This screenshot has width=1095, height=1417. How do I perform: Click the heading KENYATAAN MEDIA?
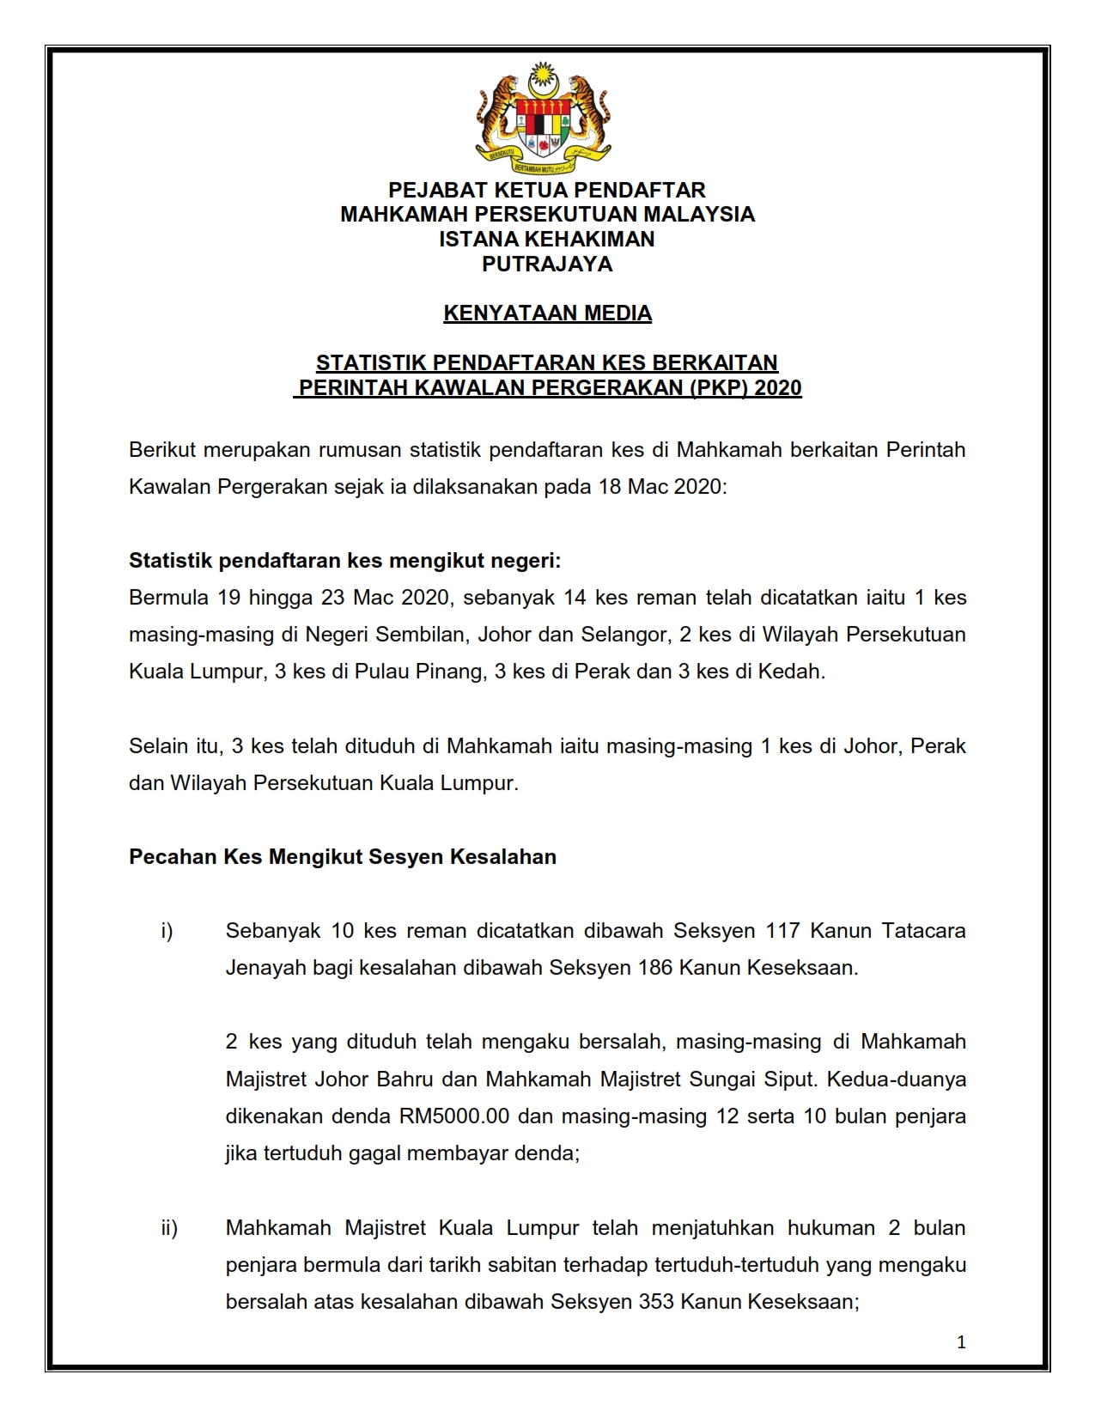pos(547,313)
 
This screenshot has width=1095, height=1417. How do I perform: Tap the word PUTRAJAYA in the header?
pos(547,264)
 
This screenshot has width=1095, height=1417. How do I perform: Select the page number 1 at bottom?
pos(961,1342)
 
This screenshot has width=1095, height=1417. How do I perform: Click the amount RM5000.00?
pos(454,1116)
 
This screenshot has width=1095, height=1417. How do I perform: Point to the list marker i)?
pos(167,931)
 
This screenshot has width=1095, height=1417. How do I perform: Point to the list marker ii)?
pos(169,1228)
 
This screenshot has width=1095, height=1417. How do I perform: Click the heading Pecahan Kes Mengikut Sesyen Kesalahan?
pos(343,857)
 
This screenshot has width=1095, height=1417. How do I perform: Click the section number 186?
pos(655,968)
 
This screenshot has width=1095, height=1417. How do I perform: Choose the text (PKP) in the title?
pos(719,388)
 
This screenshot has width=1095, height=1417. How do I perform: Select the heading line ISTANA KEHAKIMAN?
pos(547,239)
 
